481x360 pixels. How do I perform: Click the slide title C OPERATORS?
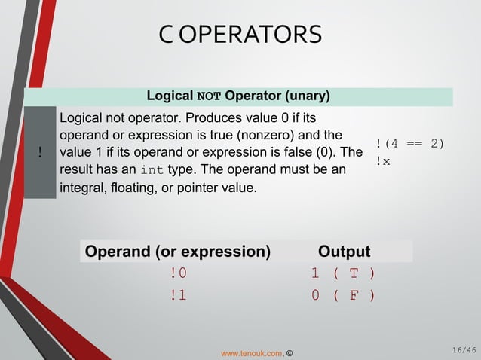pyautogui.click(x=240, y=34)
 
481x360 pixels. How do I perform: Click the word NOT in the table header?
pyautogui.click(x=209, y=97)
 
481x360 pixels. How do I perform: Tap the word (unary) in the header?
pyautogui.click(x=306, y=96)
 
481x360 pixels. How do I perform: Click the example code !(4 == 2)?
pyautogui.click(x=410, y=144)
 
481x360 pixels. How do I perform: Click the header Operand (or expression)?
pyautogui.click(x=178, y=252)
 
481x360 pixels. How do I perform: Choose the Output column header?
pyautogui.click(x=345, y=252)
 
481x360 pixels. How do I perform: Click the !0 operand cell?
pyautogui.click(x=178, y=273)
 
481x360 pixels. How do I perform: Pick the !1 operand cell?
pyautogui.click(x=178, y=295)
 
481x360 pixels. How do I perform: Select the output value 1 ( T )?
pyautogui.click(x=344, y=273)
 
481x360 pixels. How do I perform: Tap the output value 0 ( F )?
pyautogui.click(x=344, y=295)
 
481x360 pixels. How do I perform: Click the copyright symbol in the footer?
pyautogui.click(x=290, y=352)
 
